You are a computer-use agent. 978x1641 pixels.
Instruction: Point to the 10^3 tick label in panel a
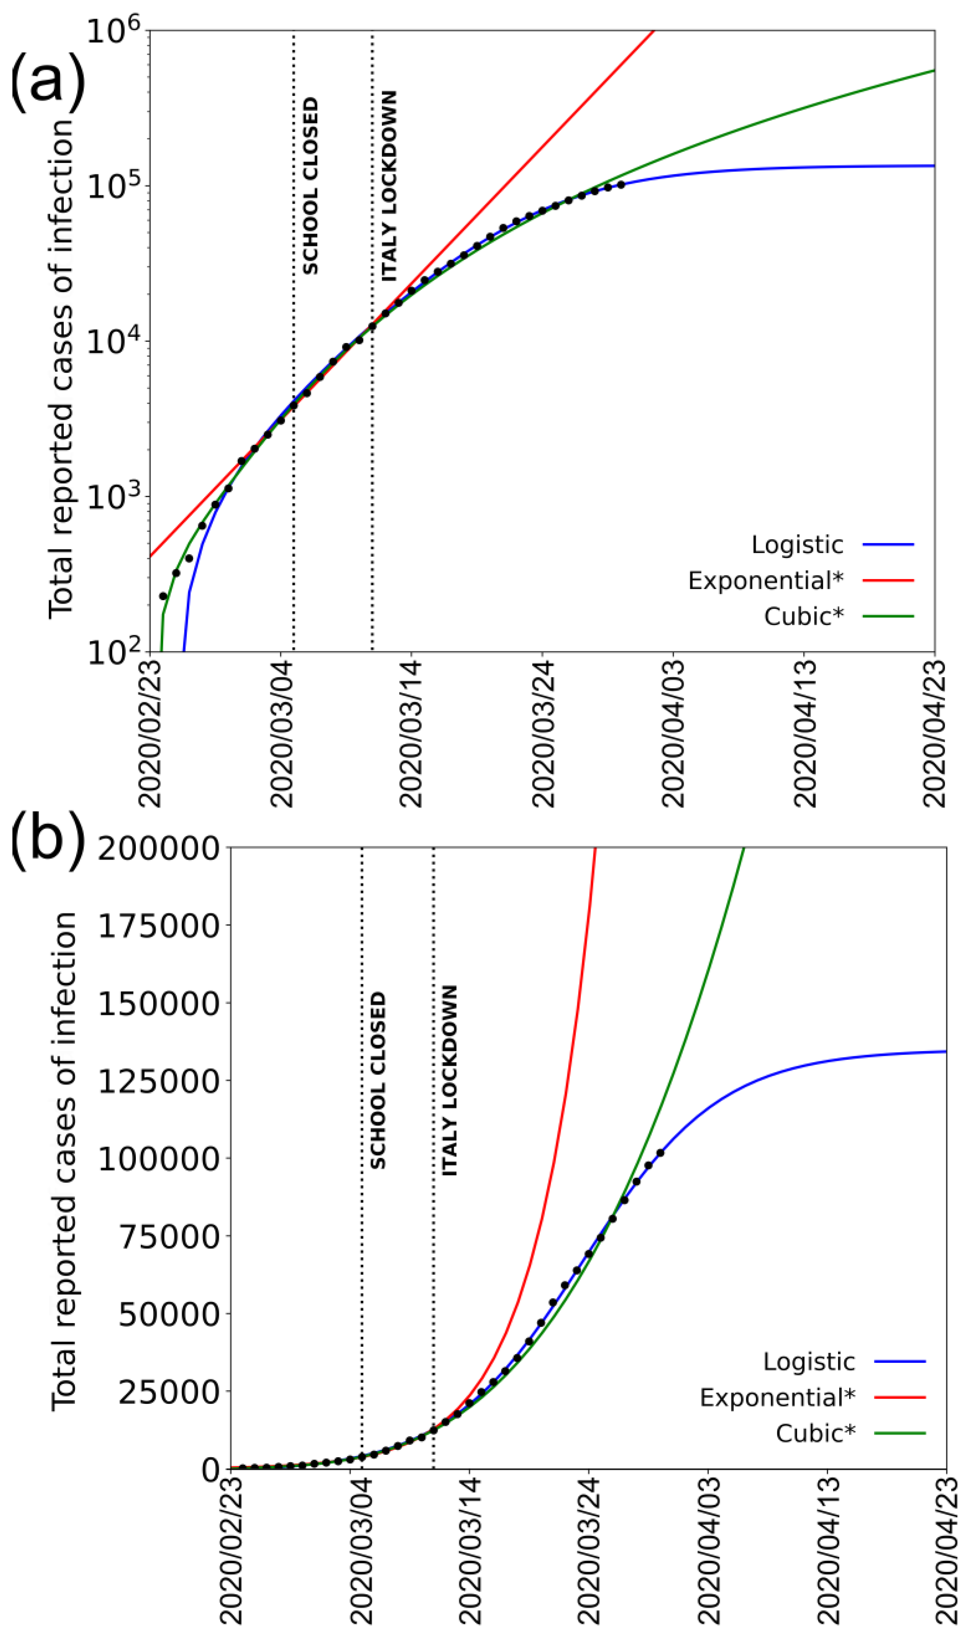click(x=113, y=498)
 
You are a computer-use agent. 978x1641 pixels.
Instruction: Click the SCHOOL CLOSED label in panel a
click(x=311, y=186)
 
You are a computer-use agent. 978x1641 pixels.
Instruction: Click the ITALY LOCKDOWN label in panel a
click(x=390, y=186)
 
